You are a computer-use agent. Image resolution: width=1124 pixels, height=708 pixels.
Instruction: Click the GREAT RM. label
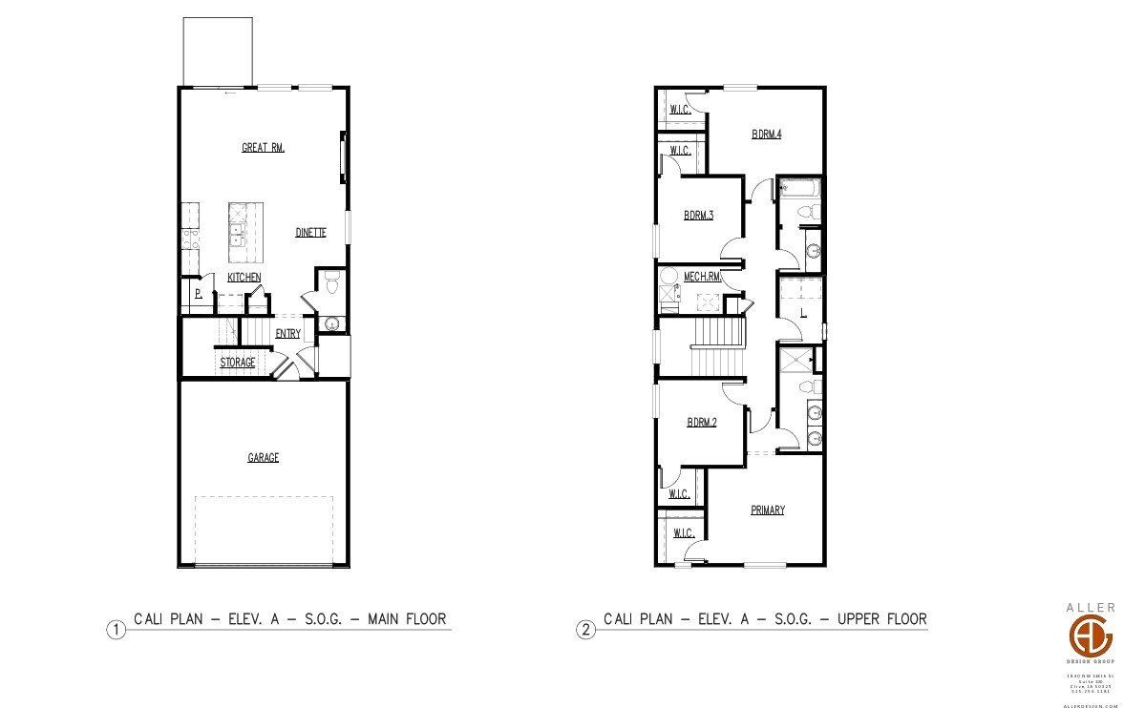click(x=264, y=148)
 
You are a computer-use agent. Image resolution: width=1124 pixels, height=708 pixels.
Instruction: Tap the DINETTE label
click(x=310, y=232)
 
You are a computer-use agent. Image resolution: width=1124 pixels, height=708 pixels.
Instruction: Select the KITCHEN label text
click(x=244, y=278)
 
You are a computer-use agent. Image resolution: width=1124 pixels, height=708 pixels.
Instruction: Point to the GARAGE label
click(x=264, y=458)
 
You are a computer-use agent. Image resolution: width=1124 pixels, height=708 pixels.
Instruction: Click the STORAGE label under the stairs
click(x=238, y=363)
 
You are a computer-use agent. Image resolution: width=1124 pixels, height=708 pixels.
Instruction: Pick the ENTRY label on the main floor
click(x=287, y=334)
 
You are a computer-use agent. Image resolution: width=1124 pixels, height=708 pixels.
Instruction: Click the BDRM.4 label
click(x=766, y=135)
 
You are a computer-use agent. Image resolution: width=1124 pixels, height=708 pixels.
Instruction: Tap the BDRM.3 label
click(x=698, y=216)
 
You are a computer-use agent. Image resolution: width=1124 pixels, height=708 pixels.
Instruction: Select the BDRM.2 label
click(x=701, y=423)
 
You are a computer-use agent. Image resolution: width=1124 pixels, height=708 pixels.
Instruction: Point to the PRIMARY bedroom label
click(x=767, y=510)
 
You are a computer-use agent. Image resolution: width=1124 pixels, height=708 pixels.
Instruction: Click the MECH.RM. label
click(x=701, y=278)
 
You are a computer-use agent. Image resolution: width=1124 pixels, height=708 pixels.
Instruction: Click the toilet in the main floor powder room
click(x=331, y=282)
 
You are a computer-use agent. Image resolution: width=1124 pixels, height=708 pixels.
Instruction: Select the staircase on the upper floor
click(x=717, y=347)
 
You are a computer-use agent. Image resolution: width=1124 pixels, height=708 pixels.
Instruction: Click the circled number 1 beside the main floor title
click(x=116, y=630)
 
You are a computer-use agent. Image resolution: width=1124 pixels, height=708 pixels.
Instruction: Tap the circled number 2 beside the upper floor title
click(x=585, y=630)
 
